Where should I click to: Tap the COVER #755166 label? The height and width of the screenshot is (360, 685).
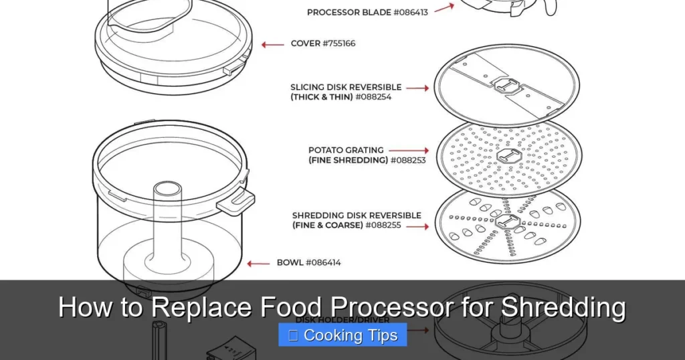coord(323,44)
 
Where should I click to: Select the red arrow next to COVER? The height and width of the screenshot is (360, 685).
coord(272,45)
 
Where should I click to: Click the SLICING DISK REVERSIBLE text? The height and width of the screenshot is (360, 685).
coord(346,87)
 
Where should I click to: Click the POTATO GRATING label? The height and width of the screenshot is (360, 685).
coord(346,151)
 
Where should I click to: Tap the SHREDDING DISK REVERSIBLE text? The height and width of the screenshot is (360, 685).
coord(357,215)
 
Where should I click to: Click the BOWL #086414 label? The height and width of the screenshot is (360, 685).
coord(308,263)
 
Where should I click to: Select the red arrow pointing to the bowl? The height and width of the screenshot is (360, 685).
coord(258,264)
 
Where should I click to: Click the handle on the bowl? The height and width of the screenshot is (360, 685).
coord(237,200)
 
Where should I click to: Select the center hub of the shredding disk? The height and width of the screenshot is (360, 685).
coord(508,223)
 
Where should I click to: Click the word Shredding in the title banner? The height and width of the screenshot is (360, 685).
coord(563,308)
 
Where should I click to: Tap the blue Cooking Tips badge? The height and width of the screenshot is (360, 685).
coord(342,335)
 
